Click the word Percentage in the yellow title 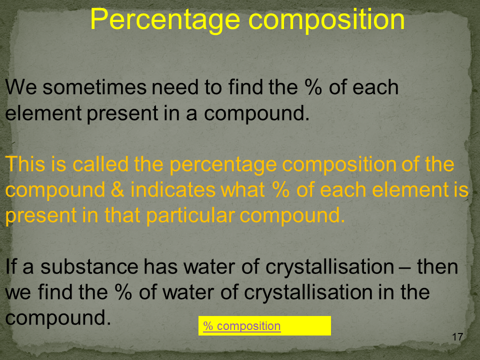(x=165, y=20)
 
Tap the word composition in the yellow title (x=326, y=20)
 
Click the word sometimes (x=94, y=87)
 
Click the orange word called (x=100, y=164)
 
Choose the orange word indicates (x=173, y=190)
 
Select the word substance (x=89, y=266)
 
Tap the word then (x=437, y=266)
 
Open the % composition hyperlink (x=242, y=326)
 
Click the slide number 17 (x=457, y=337)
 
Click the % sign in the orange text (x=280, y=190)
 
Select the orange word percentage (x=223, y=164)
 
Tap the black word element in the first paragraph (x=43, y=113)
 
